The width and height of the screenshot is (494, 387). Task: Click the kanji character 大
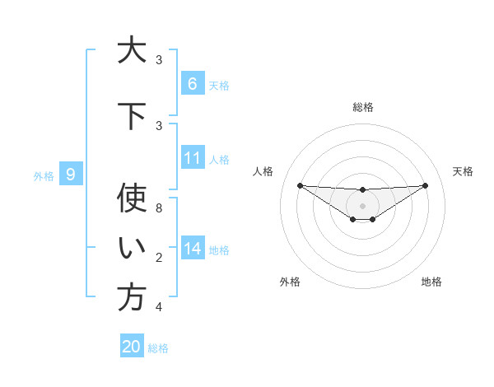[132, 51]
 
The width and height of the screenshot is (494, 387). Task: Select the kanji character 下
[132, 116]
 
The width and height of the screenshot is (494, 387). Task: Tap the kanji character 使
[132, 198]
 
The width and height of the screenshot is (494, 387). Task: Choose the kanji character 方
[132, 298]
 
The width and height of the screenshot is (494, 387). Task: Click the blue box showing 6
[193, 84]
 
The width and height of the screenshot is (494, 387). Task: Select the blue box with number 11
[193, 158]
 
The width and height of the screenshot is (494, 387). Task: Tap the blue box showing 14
[193, 249]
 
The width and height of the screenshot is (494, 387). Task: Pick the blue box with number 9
[71, 175]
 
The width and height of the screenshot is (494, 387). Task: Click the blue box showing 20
[132, 347]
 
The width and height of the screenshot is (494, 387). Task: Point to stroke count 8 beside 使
[159, 207]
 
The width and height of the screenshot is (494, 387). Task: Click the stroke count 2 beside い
[159, 259]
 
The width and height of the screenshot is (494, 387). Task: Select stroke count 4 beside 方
[159, 307]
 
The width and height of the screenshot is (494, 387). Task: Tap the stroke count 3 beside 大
[159, 60]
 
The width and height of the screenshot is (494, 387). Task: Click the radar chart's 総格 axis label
[362, 107]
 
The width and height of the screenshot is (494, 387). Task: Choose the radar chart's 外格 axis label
[290, 282]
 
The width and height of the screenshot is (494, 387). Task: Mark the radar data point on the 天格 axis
[425, 185]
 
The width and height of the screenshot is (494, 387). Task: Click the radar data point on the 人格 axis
[300, 185]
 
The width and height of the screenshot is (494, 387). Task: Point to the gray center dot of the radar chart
[362, 205]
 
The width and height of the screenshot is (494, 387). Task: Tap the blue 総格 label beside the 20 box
[158, 348]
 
